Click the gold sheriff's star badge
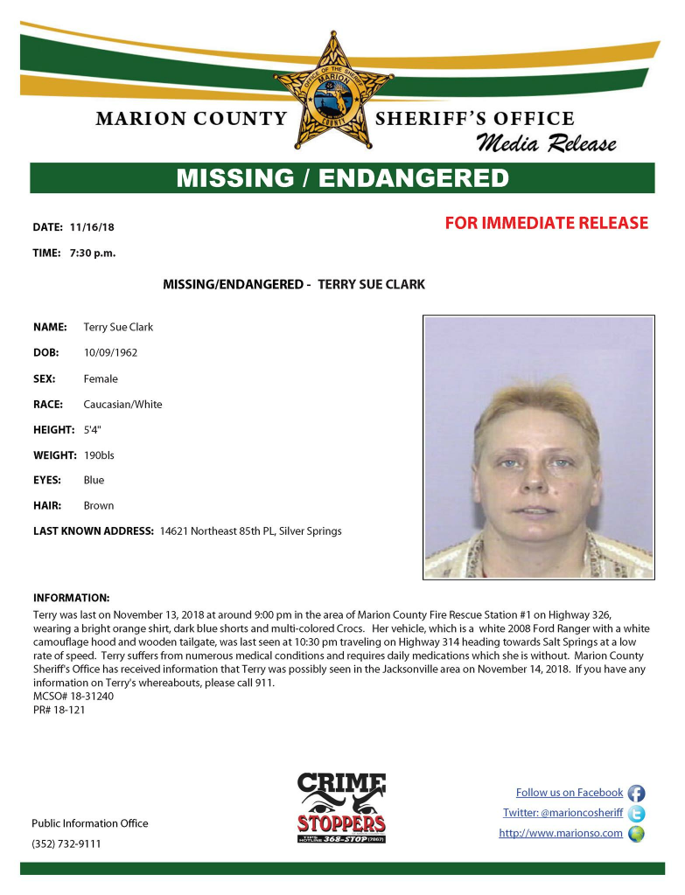tap(332, 90)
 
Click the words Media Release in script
tap(546, 143)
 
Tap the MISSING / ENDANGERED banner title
tap(342, 178)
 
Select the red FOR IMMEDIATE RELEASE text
tap(547, 223)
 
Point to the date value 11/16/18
tap(92, 227)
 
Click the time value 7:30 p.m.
tap(93, 253)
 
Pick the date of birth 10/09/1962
tap(110, 353)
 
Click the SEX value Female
tap(101, 378)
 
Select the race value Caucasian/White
tap(122, 404)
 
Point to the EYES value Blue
tap(94, 480)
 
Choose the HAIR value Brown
tap(99, 505)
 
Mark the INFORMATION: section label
tap(71, 598)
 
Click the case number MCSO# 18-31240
tap(73, 696)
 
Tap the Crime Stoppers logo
tap(341, 808)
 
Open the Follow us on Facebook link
tap(570, 793)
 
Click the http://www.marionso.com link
tap(561, 833)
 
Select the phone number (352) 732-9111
tap(66, 843)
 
